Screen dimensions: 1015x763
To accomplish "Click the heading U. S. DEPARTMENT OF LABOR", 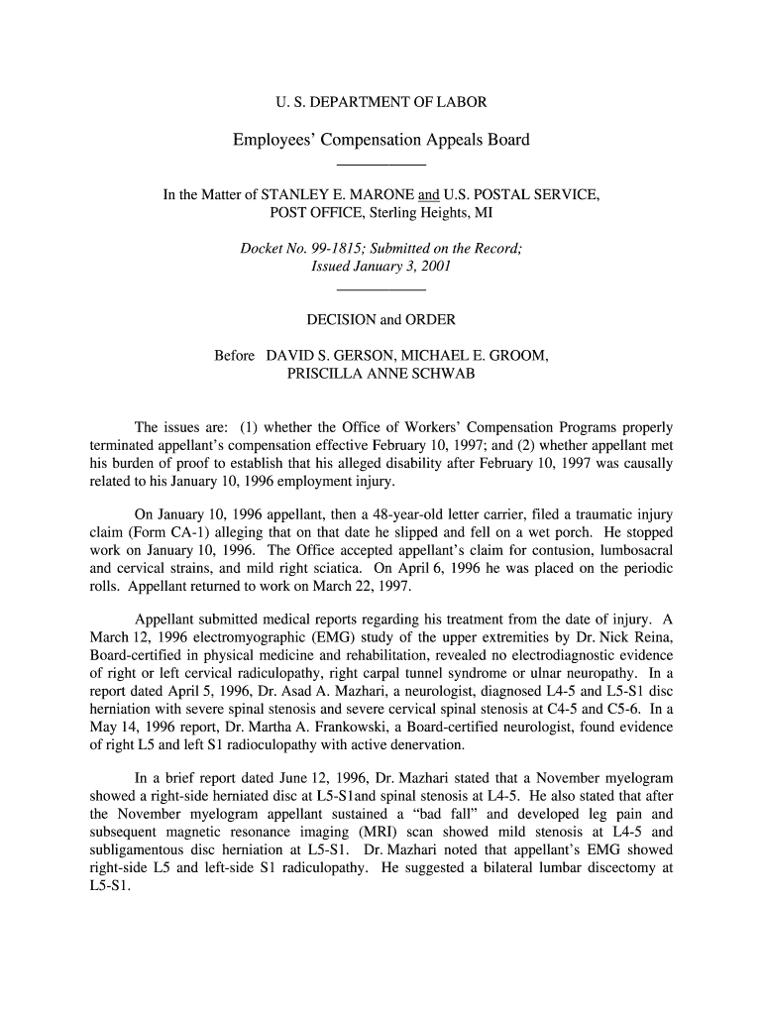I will coord(381,102).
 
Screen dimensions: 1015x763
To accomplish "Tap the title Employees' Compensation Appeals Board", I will coord(381,140).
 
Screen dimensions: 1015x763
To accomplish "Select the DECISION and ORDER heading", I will coord(381,319).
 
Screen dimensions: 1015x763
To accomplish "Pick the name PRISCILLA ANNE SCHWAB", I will coord(381,374).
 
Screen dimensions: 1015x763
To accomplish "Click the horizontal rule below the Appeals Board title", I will coord(381,164).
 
